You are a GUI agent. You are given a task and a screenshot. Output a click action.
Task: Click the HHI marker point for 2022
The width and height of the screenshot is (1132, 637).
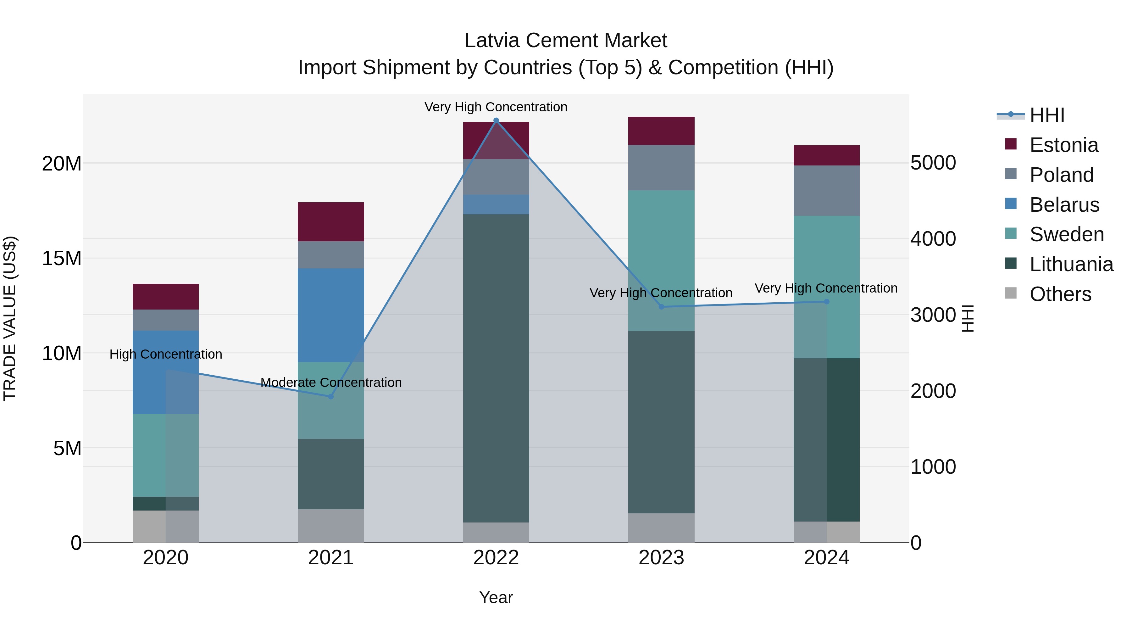click(x=496, y=120)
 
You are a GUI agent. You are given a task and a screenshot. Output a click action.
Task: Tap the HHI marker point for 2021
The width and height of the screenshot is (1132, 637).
click(x=331, y=397)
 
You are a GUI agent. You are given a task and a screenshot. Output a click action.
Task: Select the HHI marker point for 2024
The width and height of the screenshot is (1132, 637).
click(x=827, y=302)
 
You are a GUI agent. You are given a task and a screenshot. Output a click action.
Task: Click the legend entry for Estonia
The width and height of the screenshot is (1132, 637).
click(x=1063, y=145)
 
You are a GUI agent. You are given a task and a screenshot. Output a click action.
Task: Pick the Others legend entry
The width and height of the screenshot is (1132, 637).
click(x=1060, y=294)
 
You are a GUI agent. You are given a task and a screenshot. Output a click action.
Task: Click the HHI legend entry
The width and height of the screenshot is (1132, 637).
click(x=1047, y=115)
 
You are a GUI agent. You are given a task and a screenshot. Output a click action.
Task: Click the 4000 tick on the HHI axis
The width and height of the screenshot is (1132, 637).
click(x=933, y=239)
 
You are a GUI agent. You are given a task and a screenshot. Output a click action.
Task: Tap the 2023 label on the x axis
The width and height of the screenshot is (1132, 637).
click(x=661, y=558)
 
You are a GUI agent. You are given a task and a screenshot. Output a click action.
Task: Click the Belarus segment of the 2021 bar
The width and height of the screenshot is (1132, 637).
click(x=331, y=315)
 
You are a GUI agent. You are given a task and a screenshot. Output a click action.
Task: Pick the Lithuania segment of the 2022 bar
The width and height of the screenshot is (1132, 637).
click(x=496, y=368)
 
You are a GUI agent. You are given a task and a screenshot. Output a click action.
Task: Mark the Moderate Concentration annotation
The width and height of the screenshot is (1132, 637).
click(x=331, y=383)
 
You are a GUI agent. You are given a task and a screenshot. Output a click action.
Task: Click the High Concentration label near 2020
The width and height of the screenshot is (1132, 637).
click(x=166, y=354)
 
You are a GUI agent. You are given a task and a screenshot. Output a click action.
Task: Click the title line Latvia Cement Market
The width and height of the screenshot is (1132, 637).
click(x=566, y=41)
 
